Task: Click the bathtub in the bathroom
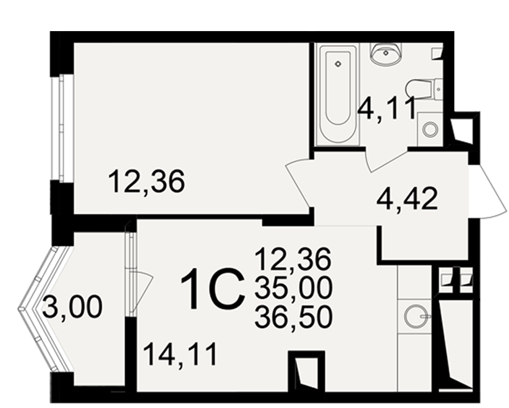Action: pyautogui.click(x=338, y=95)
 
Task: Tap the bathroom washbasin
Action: pyautogui.click(x=386, y=53)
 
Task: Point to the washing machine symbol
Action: pyautogui.click(x=430, y=129)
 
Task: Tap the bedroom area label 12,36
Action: pyautogui.click(x=147, y=182)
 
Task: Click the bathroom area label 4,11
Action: pyautogui.click(x=387, y=108)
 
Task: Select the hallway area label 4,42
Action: pyautogui.click(x=407, y=199)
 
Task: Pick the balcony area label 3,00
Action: pyautogui.click(x=72, y=307)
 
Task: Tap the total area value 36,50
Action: pyautogui.click(x=294, y=317)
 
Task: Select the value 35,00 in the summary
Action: pyautogui.click(x=294, y=289)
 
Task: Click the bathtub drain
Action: pyautogui.click(x=338, y=64)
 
